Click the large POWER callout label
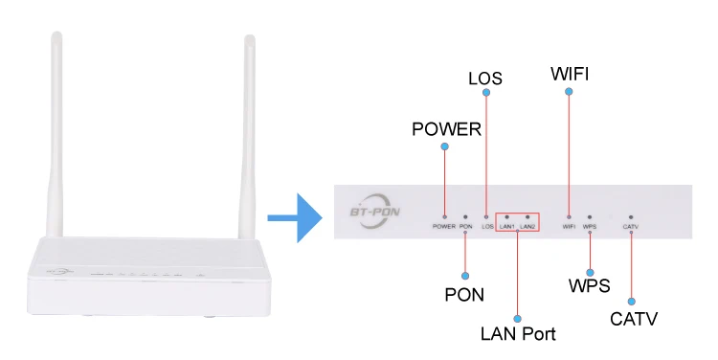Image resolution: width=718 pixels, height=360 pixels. coord(446,129)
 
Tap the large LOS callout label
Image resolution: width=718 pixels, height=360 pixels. coord(485,79)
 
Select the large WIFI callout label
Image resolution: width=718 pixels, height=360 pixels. coord(570,74)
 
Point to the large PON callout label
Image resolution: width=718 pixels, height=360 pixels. coord(464,295)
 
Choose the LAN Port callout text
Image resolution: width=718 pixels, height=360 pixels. coord(518,334)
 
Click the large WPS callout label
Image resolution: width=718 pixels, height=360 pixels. coord(590,286)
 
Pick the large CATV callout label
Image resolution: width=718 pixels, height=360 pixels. coord(634,319)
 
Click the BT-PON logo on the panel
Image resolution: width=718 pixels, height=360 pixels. coord(375,212)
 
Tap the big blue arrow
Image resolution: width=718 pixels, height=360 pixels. coord(296,217)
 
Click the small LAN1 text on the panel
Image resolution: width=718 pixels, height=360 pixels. coord(506,227)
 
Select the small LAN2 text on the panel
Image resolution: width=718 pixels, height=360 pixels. coord(527,227)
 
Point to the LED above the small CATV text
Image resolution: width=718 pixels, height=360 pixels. coord(631,217)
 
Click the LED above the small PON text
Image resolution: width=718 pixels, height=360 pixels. coord(465,217)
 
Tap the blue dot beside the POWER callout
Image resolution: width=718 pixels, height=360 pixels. coord(444,146)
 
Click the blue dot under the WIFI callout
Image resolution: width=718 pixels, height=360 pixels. coord(569,92)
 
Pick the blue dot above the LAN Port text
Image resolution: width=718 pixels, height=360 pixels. coord(517,319)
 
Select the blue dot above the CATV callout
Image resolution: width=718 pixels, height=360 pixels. coord(632,302)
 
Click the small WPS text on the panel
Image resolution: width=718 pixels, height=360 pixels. coord(590,227)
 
